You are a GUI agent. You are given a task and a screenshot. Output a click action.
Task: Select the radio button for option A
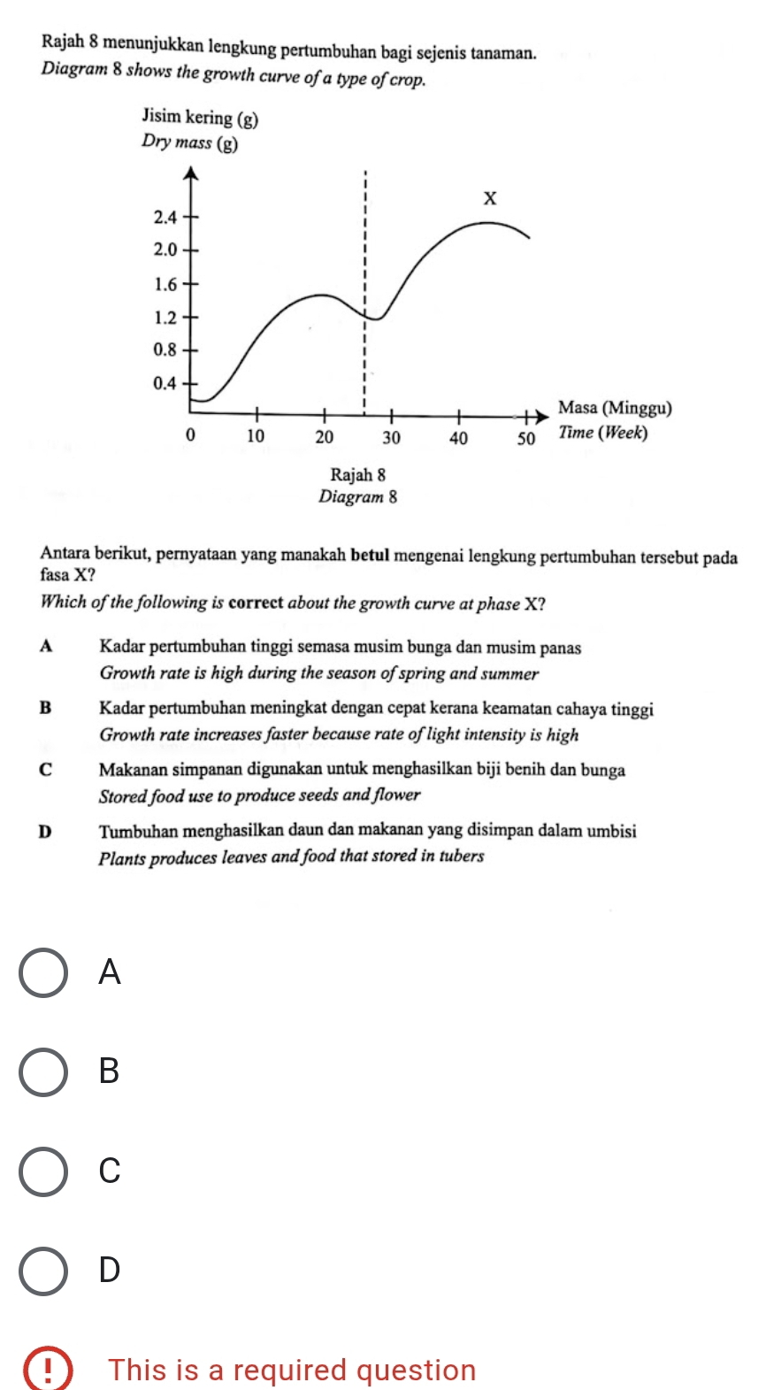pyautogui.click(x=43, y=972)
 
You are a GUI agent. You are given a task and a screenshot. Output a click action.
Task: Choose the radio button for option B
pyautogui.click(x=43, y=1071)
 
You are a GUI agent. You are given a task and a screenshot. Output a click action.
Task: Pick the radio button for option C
pyautogui.click(x=43, y=1171)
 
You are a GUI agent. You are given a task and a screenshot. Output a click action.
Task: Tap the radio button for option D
pyautogui.click(x=43, y=1270)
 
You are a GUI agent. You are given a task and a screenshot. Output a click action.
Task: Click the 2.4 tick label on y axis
pyautogui.click(x=165, y=217)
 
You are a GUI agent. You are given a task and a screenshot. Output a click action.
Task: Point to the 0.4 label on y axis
pyautogui.click(x=165, y=383)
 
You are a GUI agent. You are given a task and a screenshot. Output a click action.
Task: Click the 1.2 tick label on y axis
pyautogui.click(x=165, y=317)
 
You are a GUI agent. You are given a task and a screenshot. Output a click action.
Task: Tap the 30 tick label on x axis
pyautogui.click(x=391, y=437)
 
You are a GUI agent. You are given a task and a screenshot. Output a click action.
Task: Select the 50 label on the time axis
pyautogui.click(x=526, y=438)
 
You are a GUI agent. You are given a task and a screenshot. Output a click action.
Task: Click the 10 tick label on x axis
pyautogui.click(x=255, y=436)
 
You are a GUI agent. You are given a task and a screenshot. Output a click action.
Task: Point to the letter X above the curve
pyautogui.click(x=489, y=197)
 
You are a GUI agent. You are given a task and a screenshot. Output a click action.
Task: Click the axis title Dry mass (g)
pyautogui.click(x=189, y=142)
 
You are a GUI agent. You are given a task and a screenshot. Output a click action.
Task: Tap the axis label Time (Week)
pyautogui.click(x=603, y=433)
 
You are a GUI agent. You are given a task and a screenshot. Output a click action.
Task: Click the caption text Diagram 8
pyautogui.click(x=357, y=496)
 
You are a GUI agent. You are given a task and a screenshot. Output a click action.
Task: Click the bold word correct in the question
pyautogui.click(x=256, y=603)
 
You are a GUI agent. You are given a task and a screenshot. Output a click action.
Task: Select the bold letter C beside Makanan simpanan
pyautogui.click(x=46, y=770)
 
